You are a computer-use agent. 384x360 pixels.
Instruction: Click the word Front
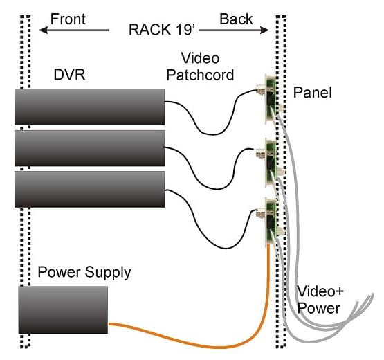(x=68, y=19)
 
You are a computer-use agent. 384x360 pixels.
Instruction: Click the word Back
(x=236, y=19)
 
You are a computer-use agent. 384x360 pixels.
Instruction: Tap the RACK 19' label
(x=162, y=30)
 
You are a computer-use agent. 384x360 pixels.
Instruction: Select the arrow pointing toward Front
(x=74, y=30)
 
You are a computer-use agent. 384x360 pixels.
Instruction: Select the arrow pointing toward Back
(x=234, y=30)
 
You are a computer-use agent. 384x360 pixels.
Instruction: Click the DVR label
(x=69, y=75)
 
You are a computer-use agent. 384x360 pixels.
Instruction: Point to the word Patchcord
(x=200, y=75)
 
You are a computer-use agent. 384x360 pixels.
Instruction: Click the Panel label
(x=313, y=92)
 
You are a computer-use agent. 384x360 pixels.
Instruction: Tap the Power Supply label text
(x=84, y=273)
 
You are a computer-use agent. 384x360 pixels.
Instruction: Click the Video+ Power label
(x=320, y=300)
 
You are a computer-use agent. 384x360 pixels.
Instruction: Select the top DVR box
(x=90, y=107)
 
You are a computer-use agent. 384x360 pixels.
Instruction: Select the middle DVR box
(x=90, y=148)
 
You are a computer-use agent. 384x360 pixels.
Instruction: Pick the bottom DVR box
(x=90, y=189)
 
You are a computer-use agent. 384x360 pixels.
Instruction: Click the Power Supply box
(x=63, y=309)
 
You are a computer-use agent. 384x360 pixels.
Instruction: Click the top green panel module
(x=271, y=99)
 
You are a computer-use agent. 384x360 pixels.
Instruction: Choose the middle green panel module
(x=271, y=163)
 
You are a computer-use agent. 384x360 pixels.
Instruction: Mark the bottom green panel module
(x=271, y=222)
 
